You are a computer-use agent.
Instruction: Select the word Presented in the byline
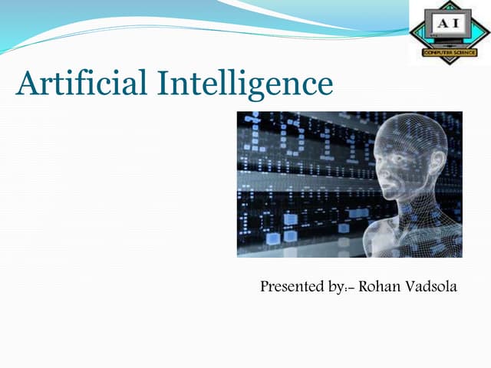pyautogui.click(x=292, y=287)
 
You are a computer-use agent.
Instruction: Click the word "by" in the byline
pyautogui.click(x=334, y=289)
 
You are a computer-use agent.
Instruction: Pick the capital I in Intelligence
pyautogui.click(x=163, y=83)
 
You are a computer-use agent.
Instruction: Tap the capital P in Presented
pyautogui.click(x=265, y=287)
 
